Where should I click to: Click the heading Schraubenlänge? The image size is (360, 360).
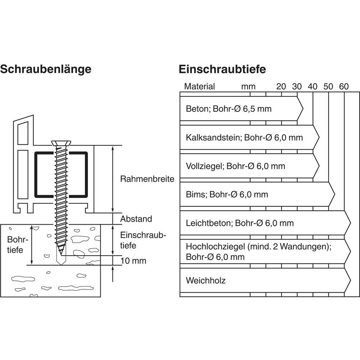[45, 69]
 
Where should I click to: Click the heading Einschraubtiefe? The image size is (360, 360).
[222, 69]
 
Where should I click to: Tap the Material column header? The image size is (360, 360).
[199, 86]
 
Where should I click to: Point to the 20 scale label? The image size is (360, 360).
[281, 86]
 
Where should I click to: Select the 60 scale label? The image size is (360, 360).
[344, 86]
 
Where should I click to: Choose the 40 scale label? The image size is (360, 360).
[312, 86]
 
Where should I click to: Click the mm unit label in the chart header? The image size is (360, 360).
[248, 86]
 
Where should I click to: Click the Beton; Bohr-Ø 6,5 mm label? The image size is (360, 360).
[229, 109]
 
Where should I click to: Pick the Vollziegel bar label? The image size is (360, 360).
[235, 166]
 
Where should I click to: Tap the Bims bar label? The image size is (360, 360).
[227, 194]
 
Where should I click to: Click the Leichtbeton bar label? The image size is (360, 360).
[240, 223]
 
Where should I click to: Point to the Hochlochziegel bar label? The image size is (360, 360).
[258, 252]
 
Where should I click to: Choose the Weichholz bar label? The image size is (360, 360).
[206, 280]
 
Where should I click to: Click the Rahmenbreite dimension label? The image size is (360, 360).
[147, 179]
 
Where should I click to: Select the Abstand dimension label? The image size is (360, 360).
[136, 219]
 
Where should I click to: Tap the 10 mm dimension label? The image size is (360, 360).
[134, 261]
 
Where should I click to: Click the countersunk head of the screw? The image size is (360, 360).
[62, 143]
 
